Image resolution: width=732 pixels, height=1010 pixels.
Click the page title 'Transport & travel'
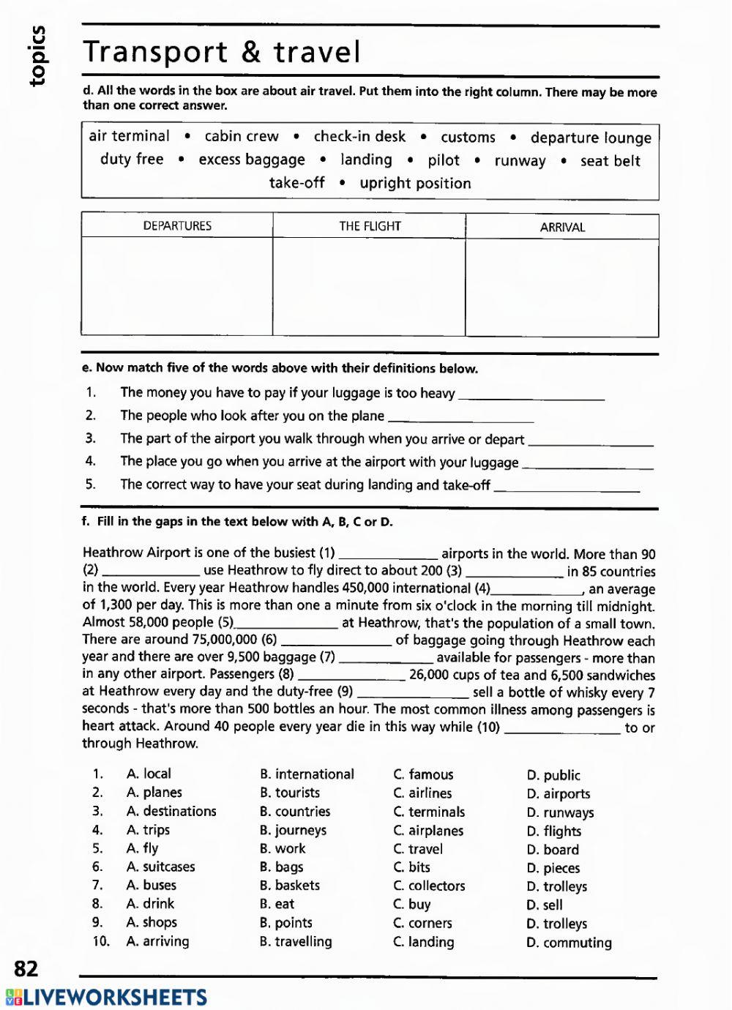point(222,52)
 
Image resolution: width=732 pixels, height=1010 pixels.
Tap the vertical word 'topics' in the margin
point(37,56)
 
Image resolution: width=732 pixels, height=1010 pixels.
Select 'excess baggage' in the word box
point(252,160)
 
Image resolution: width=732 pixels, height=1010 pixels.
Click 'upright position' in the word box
point(415,183)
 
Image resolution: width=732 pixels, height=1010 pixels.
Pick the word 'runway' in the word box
point(520,161)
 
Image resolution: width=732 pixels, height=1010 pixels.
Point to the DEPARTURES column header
point(177,226)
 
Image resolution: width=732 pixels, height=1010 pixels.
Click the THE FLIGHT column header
point(370,226)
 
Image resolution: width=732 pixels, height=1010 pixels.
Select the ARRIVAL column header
point(562,227)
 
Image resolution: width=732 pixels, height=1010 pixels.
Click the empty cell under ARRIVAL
point(562,288)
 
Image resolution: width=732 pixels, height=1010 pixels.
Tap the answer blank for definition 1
point(531,394)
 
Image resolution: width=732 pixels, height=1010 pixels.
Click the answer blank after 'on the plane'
point(460,416)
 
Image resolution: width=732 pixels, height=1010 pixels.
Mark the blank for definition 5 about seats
point(567,485)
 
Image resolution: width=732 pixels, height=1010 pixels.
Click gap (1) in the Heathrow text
point(388,554)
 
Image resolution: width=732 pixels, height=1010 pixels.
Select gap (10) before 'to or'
point(562,727)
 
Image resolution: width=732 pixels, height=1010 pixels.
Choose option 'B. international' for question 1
point(307,774)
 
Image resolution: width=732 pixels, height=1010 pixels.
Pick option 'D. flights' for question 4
point(554,831)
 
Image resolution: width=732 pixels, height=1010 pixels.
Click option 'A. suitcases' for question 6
point(161,867)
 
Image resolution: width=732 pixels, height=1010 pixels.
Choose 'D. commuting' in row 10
point(569,943)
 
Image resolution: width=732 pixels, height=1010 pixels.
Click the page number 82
point(26,969)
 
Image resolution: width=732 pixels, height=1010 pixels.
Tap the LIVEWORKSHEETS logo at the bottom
point(107,998)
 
